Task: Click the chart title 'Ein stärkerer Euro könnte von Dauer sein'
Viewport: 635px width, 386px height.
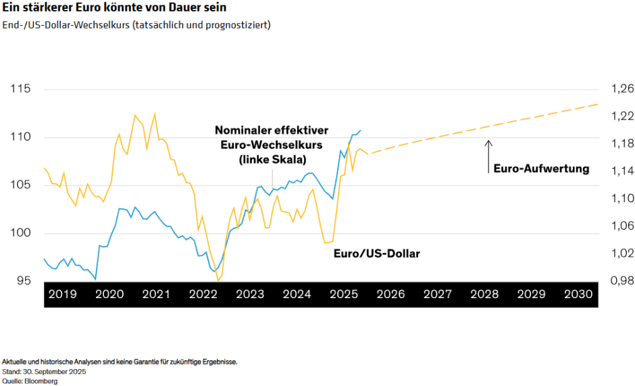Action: coord(114,9)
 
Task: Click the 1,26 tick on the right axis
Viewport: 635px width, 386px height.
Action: coord(623,89)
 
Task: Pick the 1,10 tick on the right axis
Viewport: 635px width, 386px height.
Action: coord(623,199)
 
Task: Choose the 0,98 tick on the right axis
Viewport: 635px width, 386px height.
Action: coord(623,281)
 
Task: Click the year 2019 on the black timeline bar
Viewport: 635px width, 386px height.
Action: coord(62,295)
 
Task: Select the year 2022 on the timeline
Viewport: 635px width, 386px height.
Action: coord(203,295)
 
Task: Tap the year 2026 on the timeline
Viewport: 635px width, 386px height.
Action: coord(390,295)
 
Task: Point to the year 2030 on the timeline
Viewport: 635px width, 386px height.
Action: coord(578,295)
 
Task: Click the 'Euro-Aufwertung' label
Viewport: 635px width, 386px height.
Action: coord(541,169)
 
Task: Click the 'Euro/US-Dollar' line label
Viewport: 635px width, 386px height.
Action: coord(377,254)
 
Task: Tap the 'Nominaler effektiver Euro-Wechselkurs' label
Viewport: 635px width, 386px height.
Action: coord(272,145)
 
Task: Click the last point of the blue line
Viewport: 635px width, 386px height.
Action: coord(360,130)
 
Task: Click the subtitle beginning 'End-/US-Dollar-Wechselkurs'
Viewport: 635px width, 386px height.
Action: coord(136,26)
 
